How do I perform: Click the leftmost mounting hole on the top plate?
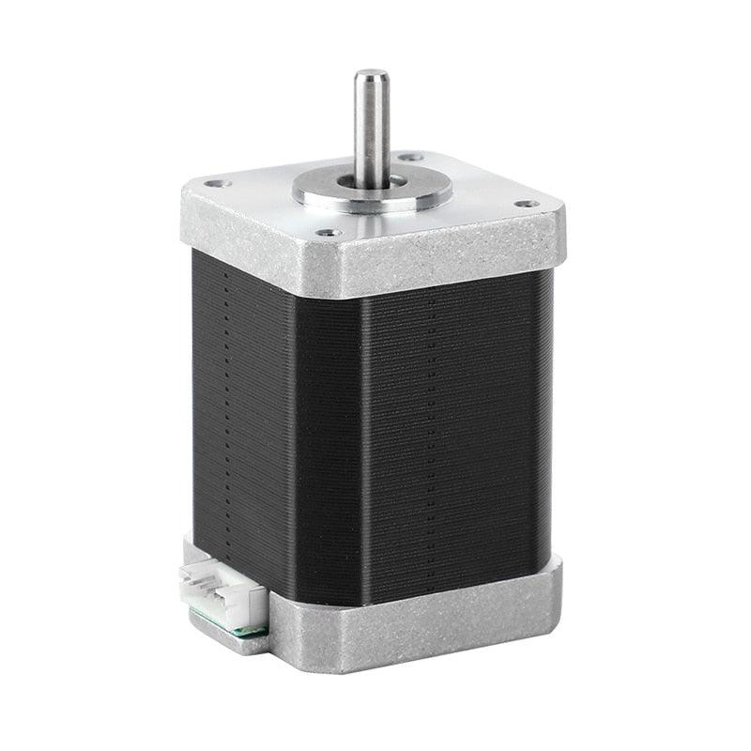[x=213, y=184]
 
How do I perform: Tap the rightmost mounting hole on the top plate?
[x=528, y=203]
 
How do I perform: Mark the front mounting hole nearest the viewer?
[x=327, y=232]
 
